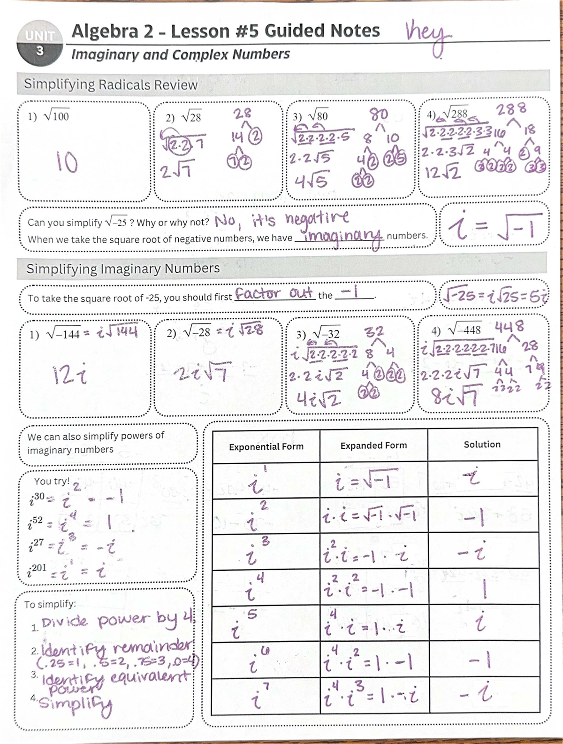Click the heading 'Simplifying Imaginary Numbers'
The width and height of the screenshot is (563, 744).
coord(123,268)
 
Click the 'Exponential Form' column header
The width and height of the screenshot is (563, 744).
coord(266,447)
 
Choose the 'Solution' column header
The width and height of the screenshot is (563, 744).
coord(482,445)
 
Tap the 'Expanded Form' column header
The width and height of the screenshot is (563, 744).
coord(373,445)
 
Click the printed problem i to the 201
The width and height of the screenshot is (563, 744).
coord(37,569)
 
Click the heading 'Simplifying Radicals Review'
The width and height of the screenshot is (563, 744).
coord(111,84)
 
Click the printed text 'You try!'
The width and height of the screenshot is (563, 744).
coord(52,481)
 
